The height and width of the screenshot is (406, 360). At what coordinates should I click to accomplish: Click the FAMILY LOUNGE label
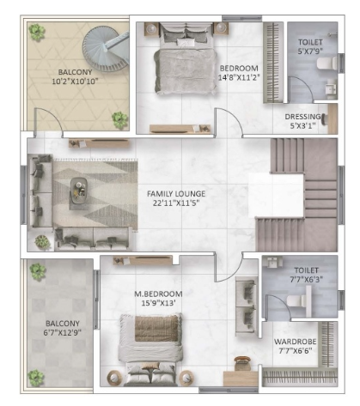[177, 194]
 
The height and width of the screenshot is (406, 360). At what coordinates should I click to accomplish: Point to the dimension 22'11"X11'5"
[177, 205]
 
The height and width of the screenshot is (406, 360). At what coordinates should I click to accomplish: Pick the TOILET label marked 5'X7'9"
[310, 41]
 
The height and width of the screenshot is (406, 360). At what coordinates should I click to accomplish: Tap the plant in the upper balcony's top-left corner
[35, 32]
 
